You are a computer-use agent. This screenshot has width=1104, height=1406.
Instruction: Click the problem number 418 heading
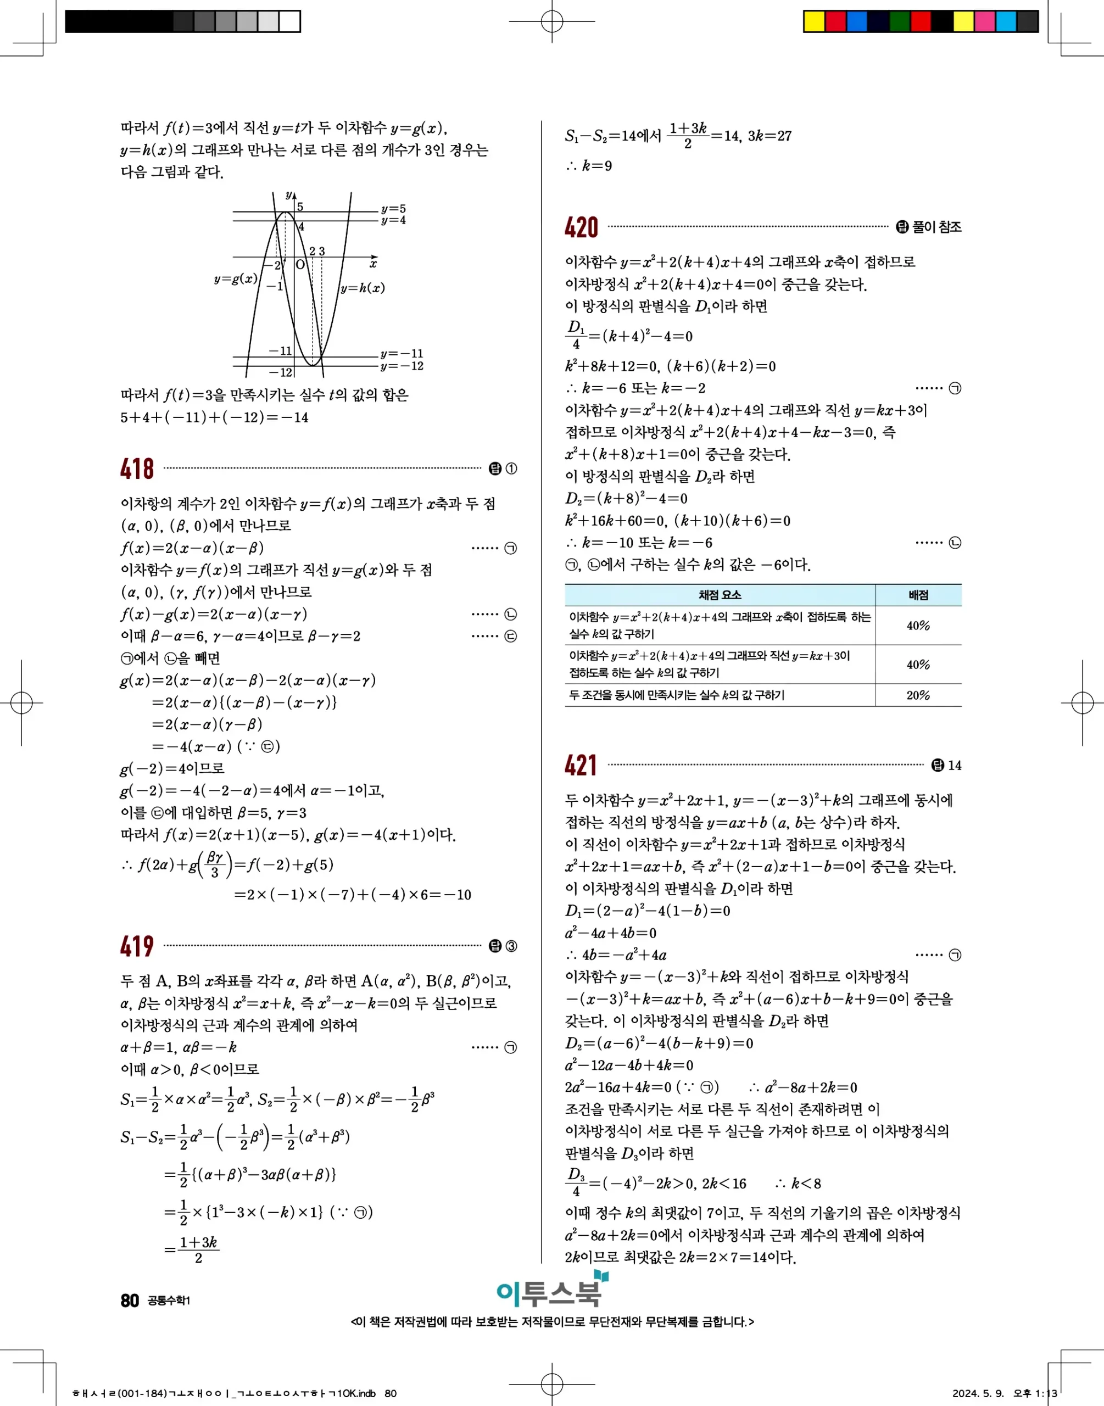pos(137,468)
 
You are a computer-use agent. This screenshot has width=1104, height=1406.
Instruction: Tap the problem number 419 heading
pos(137,946)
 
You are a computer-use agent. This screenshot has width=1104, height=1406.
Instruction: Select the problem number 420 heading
pos(581,227)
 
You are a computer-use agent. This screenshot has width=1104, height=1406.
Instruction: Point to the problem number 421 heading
pos(581,766)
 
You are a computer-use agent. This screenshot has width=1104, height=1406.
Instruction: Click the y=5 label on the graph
pos(393,209)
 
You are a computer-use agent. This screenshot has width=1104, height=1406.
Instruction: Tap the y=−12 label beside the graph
pos(402,366)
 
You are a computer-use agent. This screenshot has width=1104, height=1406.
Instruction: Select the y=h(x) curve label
pos(363,288)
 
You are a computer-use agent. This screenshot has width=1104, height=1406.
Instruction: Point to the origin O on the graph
pos(300,265)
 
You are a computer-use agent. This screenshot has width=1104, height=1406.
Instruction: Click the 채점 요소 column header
pos(720,594)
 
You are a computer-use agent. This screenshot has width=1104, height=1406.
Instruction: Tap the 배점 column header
pos(918,594)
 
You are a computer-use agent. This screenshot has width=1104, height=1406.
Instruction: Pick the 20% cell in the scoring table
pos(918,695)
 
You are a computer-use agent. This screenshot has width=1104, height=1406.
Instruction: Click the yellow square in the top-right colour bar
pos(814,21)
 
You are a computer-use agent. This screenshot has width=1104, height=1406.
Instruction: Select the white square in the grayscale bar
pos(289,21)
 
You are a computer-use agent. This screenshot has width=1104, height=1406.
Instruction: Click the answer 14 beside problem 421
pos(954,766)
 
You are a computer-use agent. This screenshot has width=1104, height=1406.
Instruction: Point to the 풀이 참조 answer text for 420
pos(936,227)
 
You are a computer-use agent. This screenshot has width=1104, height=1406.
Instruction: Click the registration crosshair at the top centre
pos(551,21)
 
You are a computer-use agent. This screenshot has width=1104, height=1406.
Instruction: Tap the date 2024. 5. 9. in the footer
pos(978,1393)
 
